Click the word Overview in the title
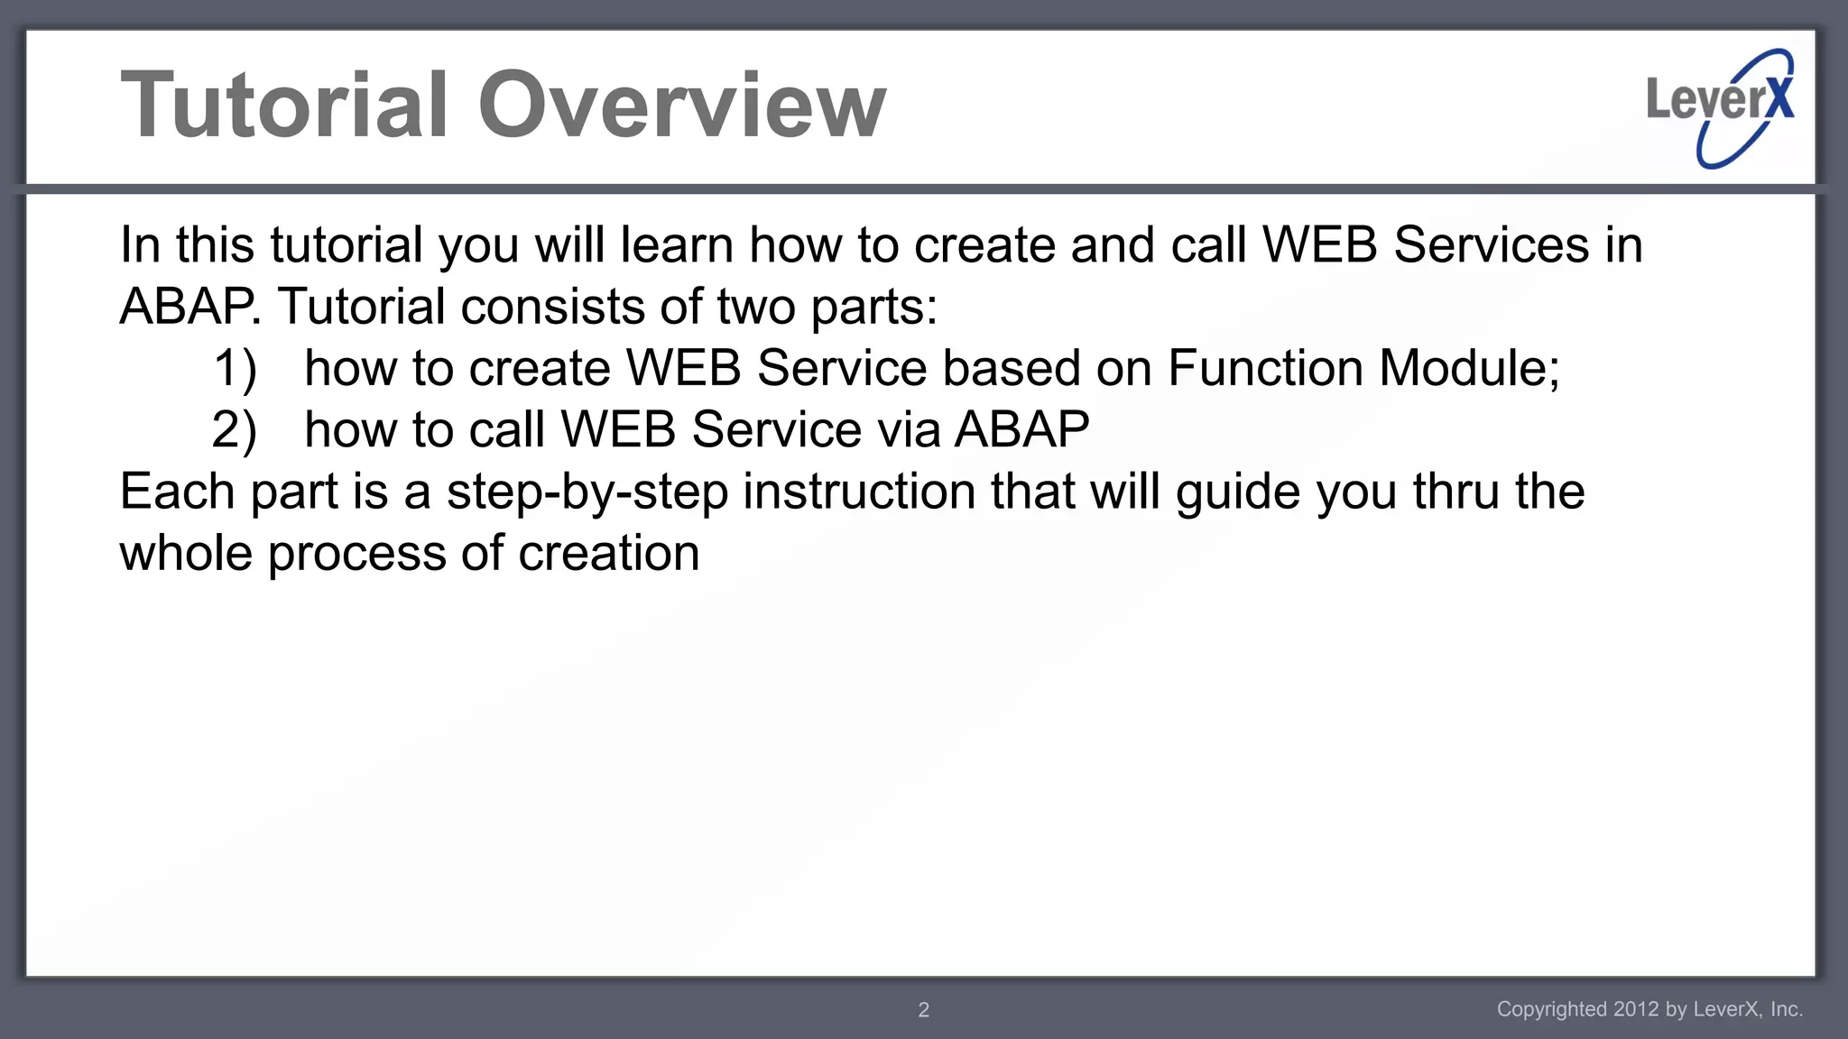pyautogui.click(x=681, y=106)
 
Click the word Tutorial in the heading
pyautogui.click(x=284, y=106)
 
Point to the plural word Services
pyautogui.click(x=1491, y=245)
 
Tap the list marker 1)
pyautogui.click(x=236, y=369)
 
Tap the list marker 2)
pyautogui.click(x=235, y=430)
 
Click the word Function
pyautogui.click(x=1265, y=368)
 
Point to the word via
pyautogui.click(x=908, y=430)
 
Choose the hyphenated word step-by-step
pyautogui.click(x=587, y=493)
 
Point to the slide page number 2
pyautogui.click(x=923, y=1010)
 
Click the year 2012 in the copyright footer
pyautogui.click(x=1636, y=1009)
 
